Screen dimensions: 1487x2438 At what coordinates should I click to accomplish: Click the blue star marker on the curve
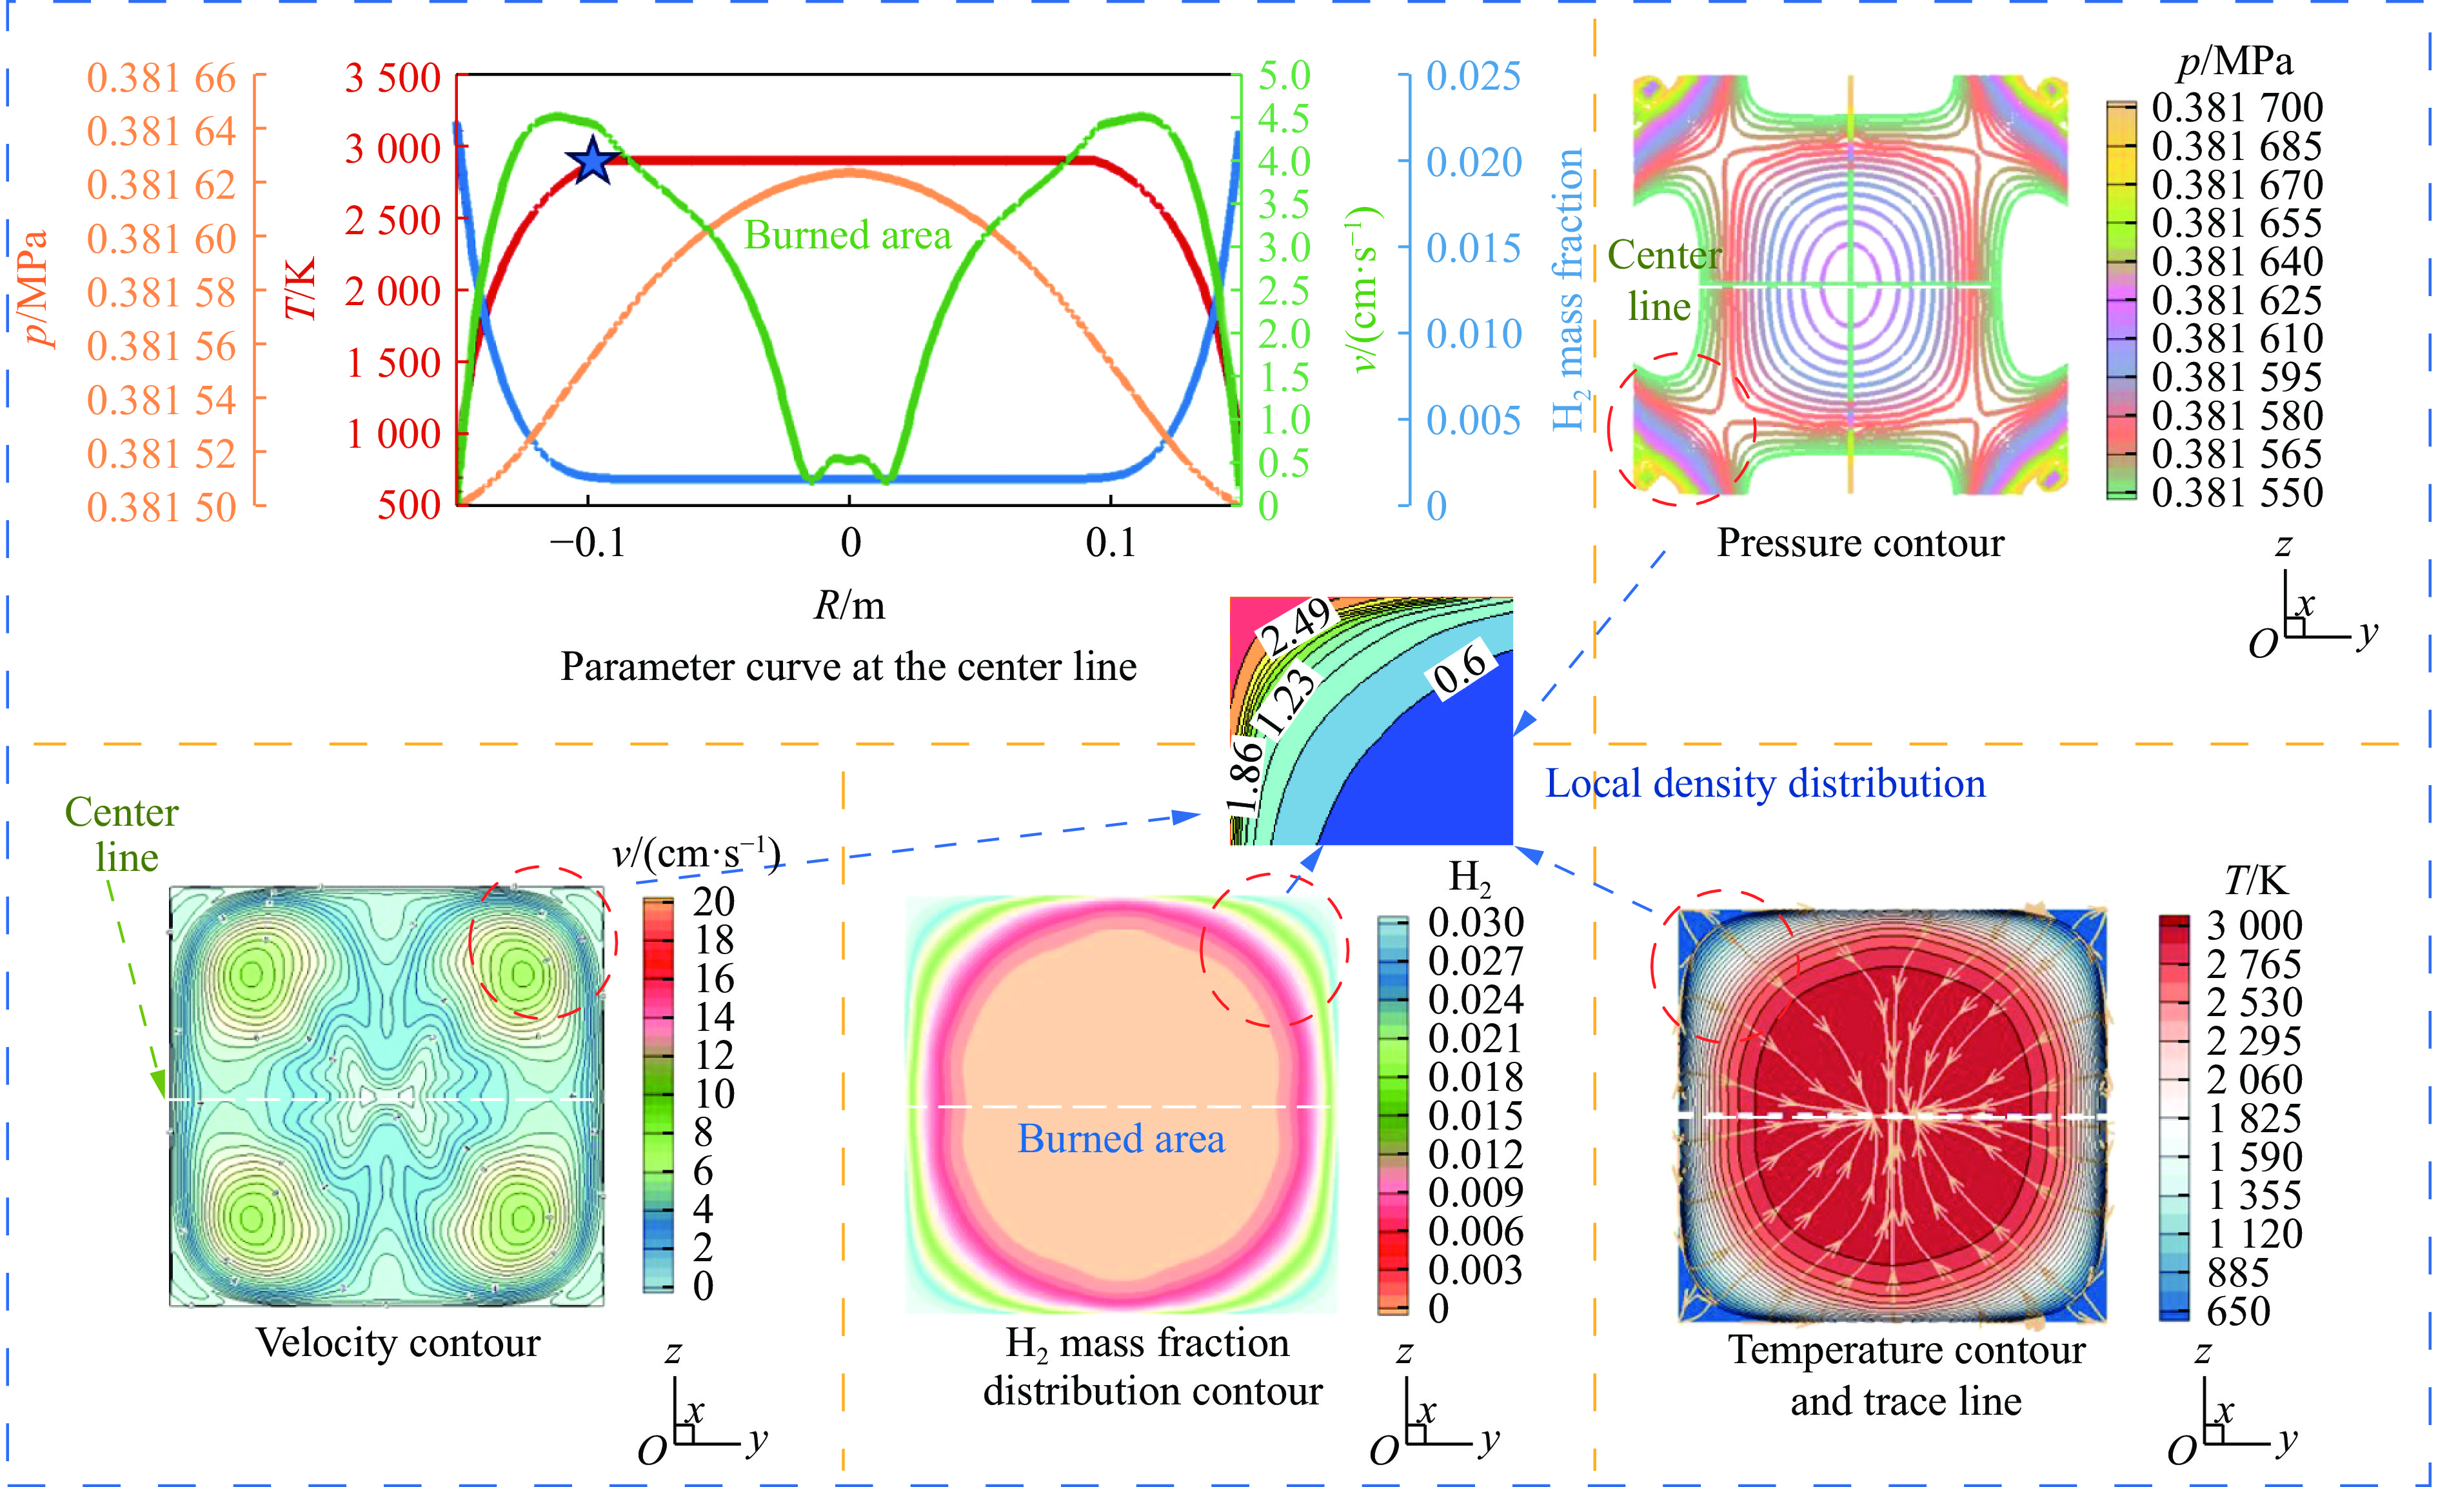pyautogui.click(x=591, y=160)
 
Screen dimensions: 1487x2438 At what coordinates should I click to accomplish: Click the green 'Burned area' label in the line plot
pyautogui.click(x=847, y=235)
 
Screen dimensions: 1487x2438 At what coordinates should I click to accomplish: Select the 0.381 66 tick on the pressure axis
pyautogui.click(x=161, y=78)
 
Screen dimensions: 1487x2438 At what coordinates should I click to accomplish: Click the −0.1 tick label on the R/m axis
pyautogui.click(x=588, y=542)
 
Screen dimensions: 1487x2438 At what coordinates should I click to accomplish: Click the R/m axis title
pyautogui.click(x=849, y=604)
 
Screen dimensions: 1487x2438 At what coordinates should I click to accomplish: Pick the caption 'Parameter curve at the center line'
pyautogui.click(x=848, y=667)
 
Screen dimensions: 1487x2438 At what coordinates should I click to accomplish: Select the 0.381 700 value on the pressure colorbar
pyautogui.click(x=2237, y=107)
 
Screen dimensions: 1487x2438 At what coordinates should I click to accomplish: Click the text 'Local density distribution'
pyautogui.click(x=1765, y=784)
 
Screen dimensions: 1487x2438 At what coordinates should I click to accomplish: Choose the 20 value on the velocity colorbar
pyautogui.click(x=713, y=901)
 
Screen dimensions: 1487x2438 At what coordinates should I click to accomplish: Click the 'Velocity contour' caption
pyautogui.click(x=398, y=1342)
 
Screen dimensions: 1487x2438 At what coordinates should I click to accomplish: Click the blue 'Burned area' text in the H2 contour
pyautogui.click(x=1121, y=1139)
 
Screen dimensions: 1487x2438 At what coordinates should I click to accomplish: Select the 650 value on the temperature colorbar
pyautogui.click(x=2238, y=1311)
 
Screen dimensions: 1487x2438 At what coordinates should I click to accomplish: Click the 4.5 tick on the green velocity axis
pyautogui.click(x=1283, y=119)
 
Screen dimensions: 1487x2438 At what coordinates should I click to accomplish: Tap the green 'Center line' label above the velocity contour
pyautogui.click(x=122, y=834)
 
